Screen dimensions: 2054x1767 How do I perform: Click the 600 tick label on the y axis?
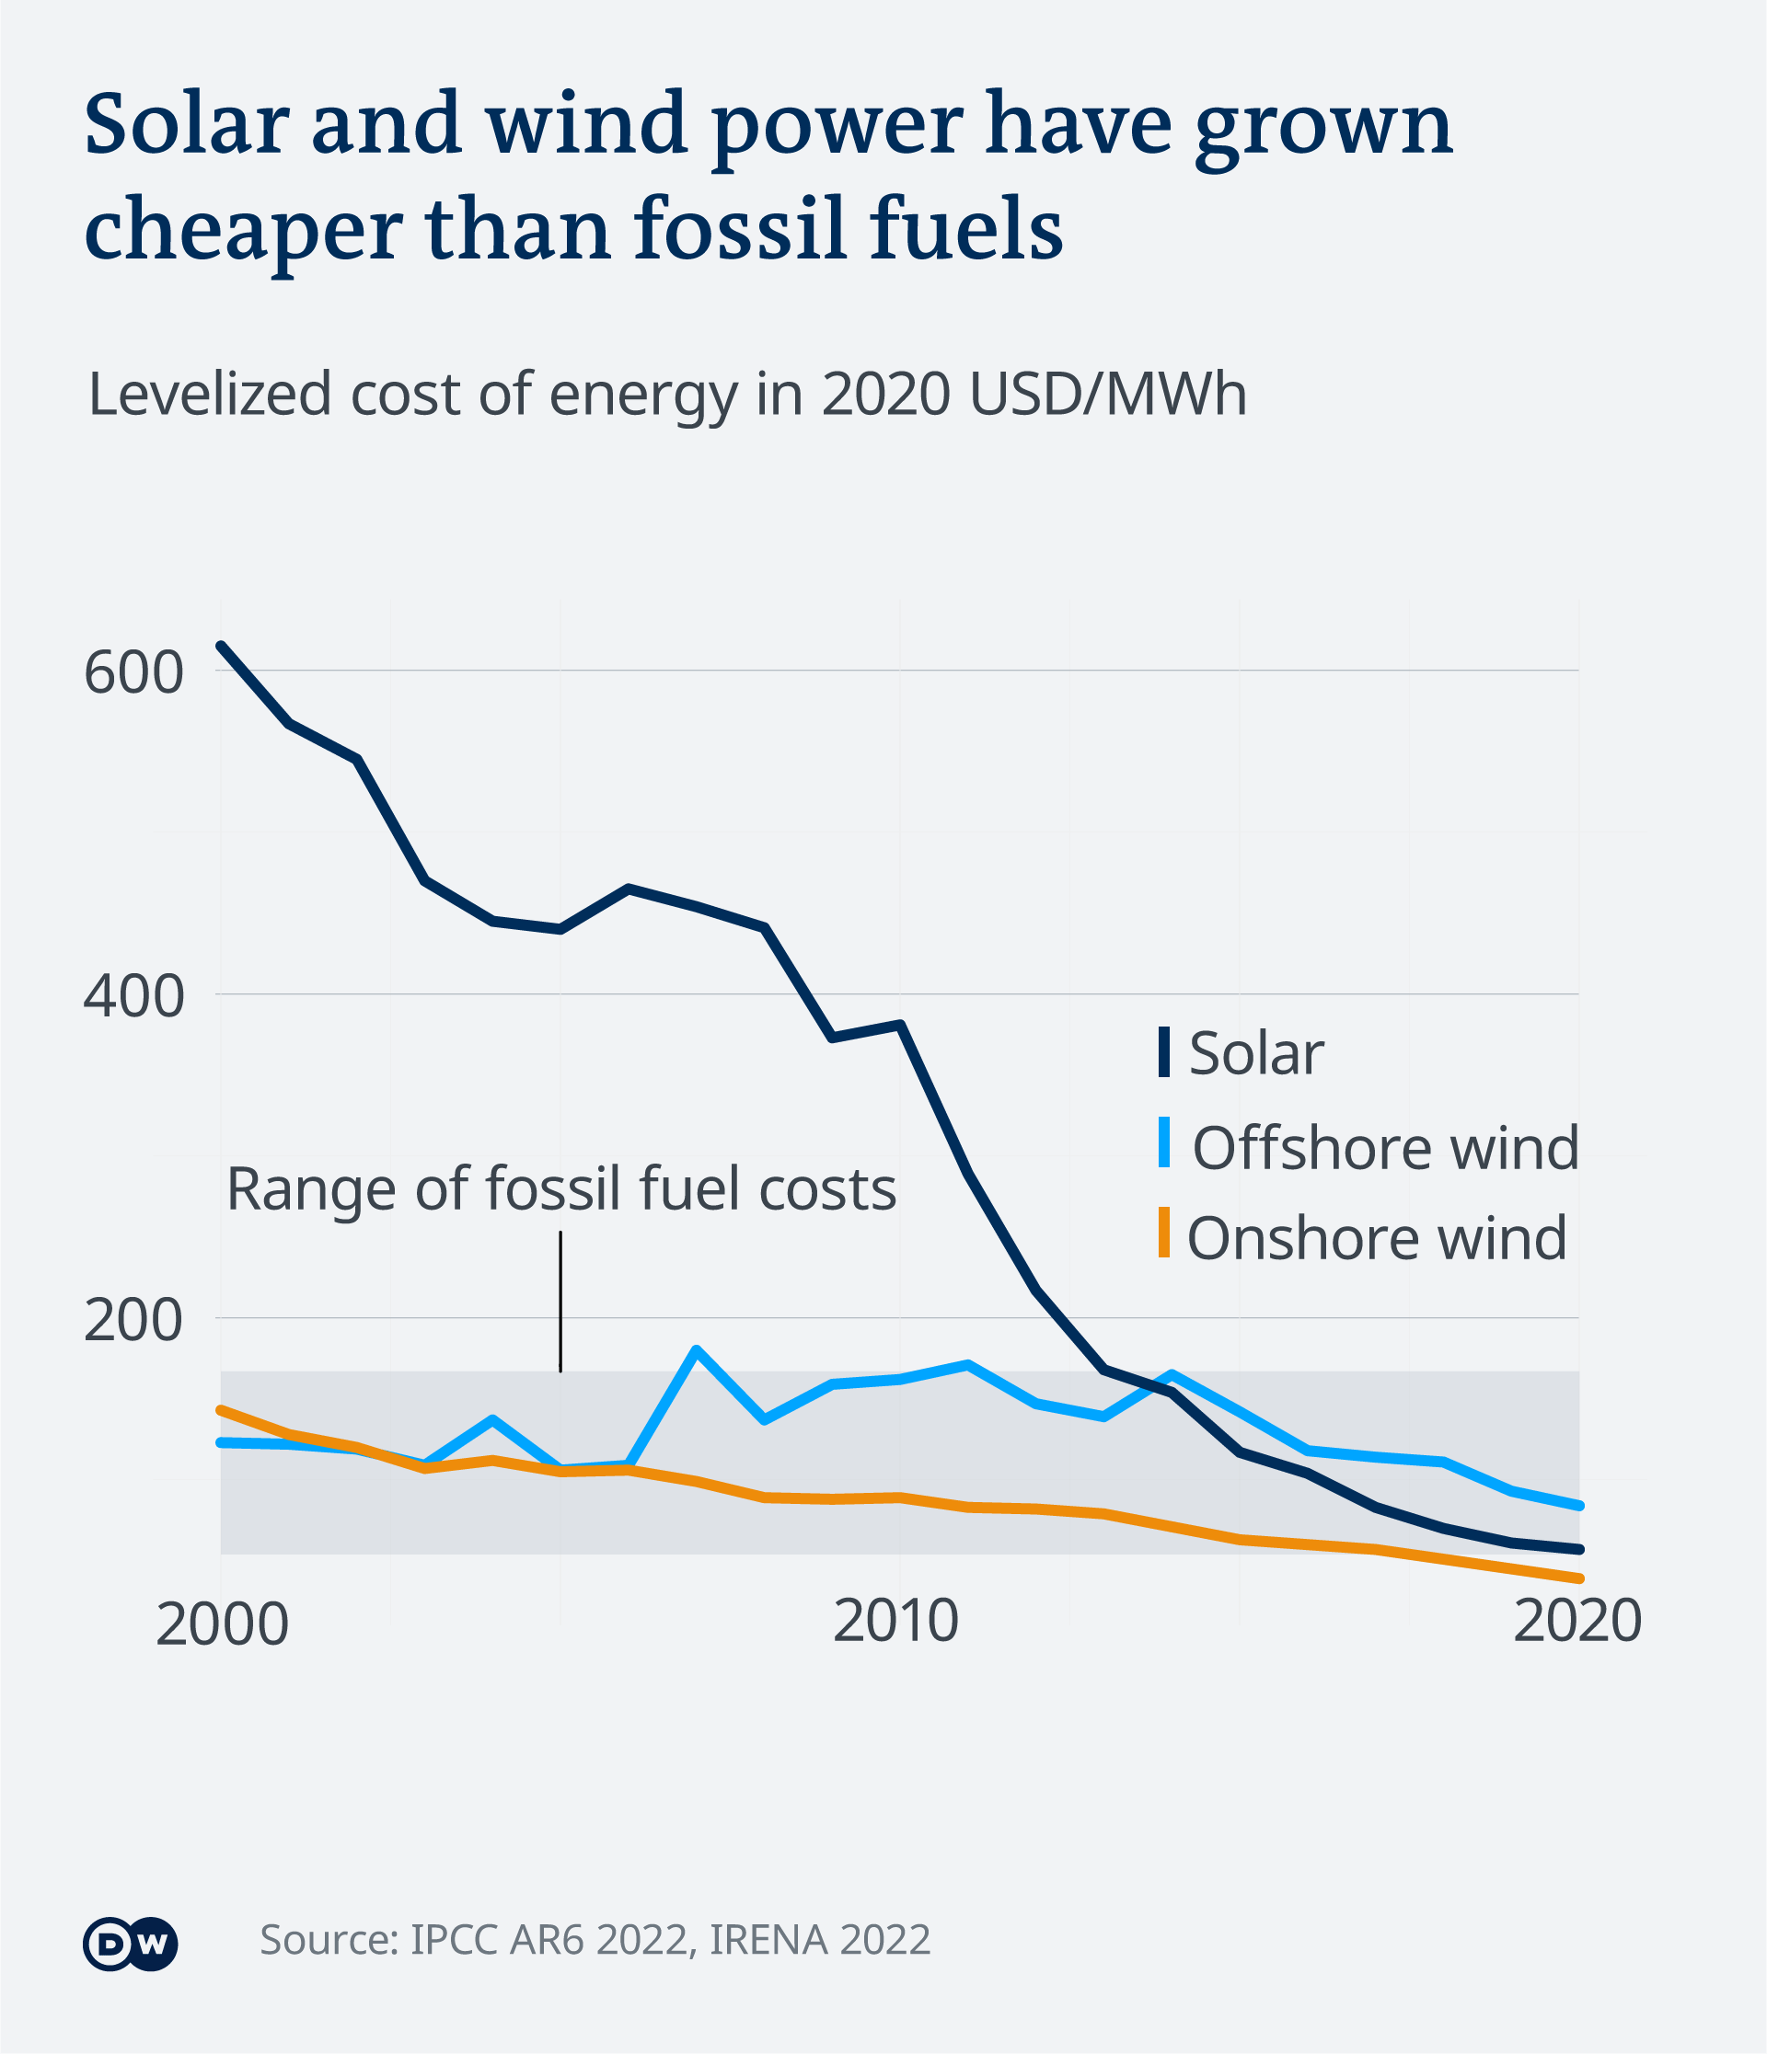click(133, 673)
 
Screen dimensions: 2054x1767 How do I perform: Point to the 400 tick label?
click(133, 996)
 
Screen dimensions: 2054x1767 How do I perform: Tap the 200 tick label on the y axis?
click(133, 1321)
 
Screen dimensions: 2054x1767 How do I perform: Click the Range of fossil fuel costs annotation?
click(561, 1188)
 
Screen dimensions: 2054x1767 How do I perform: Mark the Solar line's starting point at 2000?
click(220, 646)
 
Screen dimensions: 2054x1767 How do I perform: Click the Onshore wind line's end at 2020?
click(1578, 1578)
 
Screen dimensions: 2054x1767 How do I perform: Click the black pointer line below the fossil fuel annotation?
click(560, 1302)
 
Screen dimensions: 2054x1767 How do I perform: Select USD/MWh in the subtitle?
click(1108, 395)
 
